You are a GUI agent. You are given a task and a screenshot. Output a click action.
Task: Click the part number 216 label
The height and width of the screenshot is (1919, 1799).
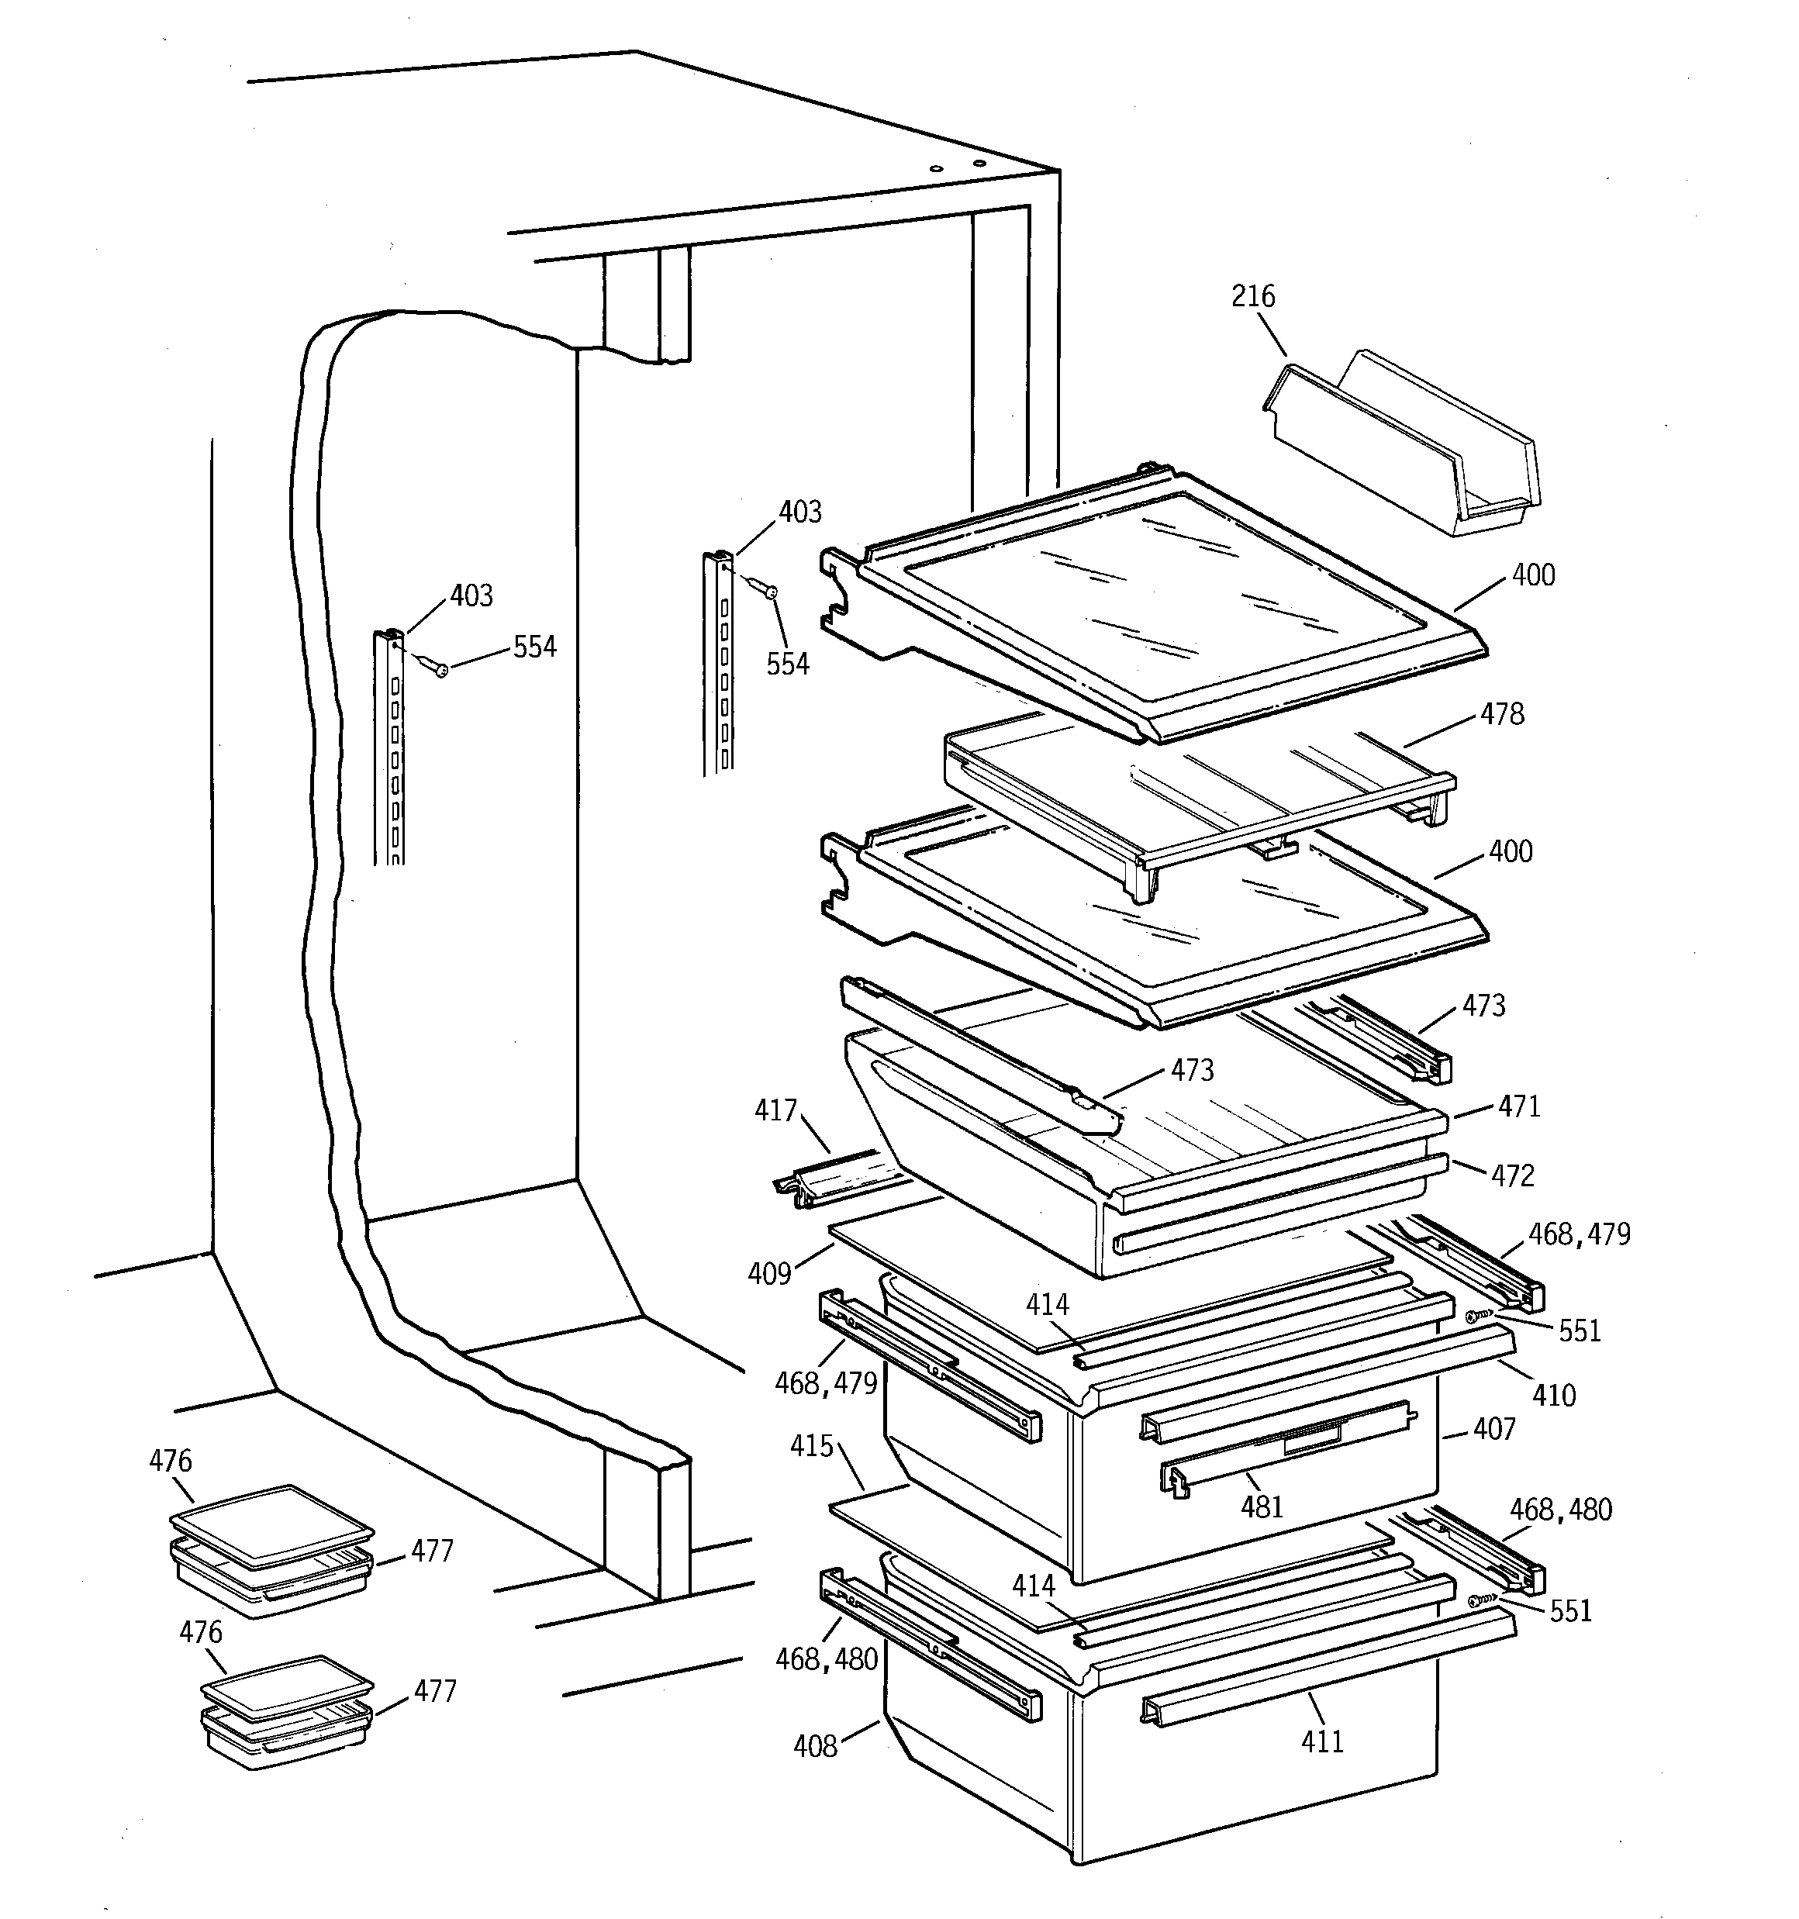(x=1252, y=296)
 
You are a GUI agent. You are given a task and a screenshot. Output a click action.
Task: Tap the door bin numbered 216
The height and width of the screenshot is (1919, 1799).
(x=1400, y=444)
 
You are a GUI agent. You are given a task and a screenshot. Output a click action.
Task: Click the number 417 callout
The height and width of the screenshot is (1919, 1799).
(x=775, y=1111)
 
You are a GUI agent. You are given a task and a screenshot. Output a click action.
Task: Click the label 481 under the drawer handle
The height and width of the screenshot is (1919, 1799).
(x=1261, y=1507)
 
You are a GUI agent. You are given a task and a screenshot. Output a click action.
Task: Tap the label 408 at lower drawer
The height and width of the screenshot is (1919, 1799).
(x=814, y=1746)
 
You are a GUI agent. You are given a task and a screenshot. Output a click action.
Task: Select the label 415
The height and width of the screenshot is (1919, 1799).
(x=811, y=1446)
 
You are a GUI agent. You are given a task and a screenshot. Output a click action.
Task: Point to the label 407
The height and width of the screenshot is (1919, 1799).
(x=1493, y=1429)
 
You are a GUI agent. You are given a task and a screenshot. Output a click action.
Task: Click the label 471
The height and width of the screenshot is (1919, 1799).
(x=1518, y=1106)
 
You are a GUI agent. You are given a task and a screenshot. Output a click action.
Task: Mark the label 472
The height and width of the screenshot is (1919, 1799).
(x=1511, y=1175)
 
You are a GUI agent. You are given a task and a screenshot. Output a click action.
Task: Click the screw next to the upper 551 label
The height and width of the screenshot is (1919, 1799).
(x=1473, y=1316)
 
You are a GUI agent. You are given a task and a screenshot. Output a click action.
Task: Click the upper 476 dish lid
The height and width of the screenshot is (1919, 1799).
(x=271, y=1524)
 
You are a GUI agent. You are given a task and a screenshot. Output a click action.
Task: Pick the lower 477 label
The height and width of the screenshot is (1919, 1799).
(x=434, y=1691)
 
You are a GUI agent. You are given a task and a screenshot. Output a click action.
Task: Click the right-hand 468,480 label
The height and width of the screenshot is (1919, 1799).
(x=1559, y=1510)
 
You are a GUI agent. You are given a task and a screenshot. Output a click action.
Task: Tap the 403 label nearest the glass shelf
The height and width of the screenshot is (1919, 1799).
(x=799, y=512)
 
